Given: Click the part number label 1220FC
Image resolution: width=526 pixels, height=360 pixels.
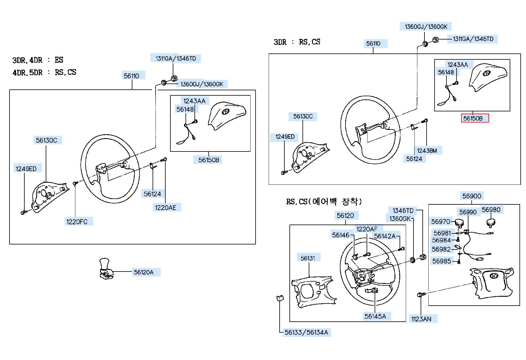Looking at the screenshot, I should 77,222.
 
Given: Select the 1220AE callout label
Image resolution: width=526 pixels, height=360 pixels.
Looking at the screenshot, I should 165,208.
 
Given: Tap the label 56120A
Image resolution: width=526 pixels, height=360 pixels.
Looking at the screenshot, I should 144,272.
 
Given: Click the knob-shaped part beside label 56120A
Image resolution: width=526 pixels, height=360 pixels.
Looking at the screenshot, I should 106,269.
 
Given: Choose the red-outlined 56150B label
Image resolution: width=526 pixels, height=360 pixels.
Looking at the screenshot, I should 473,118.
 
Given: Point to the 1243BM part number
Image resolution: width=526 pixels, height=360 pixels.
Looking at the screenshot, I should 427,151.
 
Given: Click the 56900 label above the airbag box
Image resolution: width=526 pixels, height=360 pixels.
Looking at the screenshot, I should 472,196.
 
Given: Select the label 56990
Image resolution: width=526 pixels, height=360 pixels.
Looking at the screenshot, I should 468,212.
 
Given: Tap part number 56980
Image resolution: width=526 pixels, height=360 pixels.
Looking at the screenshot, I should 491,210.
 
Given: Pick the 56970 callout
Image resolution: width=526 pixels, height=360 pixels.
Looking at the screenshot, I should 441,222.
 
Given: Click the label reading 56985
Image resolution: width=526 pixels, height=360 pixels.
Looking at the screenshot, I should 442,261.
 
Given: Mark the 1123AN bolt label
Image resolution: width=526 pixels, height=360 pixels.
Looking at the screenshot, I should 421,319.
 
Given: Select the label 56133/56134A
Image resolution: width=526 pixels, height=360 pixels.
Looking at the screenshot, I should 306,332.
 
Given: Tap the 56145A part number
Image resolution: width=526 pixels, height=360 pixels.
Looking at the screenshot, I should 375,316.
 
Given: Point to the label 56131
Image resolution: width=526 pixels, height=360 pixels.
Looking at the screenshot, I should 308,258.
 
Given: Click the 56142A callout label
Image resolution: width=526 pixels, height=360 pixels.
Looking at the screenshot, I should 385,236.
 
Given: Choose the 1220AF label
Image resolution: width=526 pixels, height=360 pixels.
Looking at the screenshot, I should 367,229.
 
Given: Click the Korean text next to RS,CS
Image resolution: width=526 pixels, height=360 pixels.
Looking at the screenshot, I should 335,202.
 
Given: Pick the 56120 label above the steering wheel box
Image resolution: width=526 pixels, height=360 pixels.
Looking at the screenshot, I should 345,215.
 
